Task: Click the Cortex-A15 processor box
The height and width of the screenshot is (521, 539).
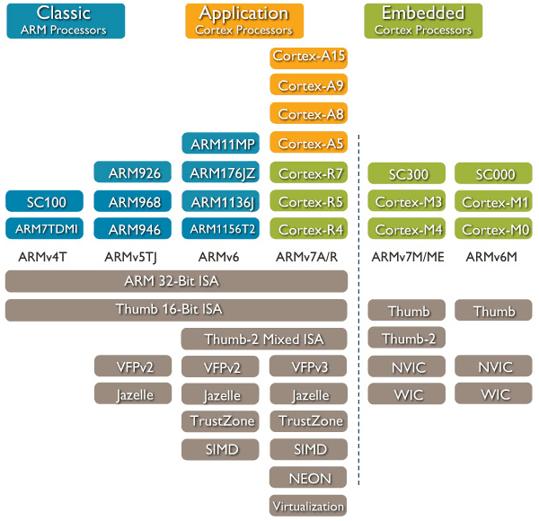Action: coord(308,57)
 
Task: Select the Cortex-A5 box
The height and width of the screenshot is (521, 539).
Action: coord(308,144)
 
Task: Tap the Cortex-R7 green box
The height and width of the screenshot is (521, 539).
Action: coord(308,172)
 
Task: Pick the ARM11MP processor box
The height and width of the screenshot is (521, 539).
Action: coord(219,144)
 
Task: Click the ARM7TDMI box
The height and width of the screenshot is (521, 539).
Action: coord(46,229)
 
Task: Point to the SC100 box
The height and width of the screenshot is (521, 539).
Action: coord(46,200)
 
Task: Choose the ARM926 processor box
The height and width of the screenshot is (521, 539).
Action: coord(134,172)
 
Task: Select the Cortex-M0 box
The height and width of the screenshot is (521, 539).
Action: coord(494,229)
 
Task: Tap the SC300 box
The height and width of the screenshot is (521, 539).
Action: coord(408,172)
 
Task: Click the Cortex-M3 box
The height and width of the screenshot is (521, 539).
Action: coord(408,200)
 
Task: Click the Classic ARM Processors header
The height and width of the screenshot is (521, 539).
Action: coord(63,21)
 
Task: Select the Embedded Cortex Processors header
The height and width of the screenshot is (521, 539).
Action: coord(423,21)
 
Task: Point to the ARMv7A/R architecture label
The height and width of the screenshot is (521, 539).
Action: coord(308,258)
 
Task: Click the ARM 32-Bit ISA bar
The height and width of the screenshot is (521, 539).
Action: coord(176,281)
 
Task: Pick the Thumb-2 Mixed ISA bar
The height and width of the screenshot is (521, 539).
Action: coord(263,340)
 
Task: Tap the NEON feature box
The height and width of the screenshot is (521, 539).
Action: coord(308,478)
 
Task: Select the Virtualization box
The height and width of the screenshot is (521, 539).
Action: coord(308,506)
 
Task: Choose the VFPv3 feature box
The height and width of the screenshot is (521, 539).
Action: coord(308,366)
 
